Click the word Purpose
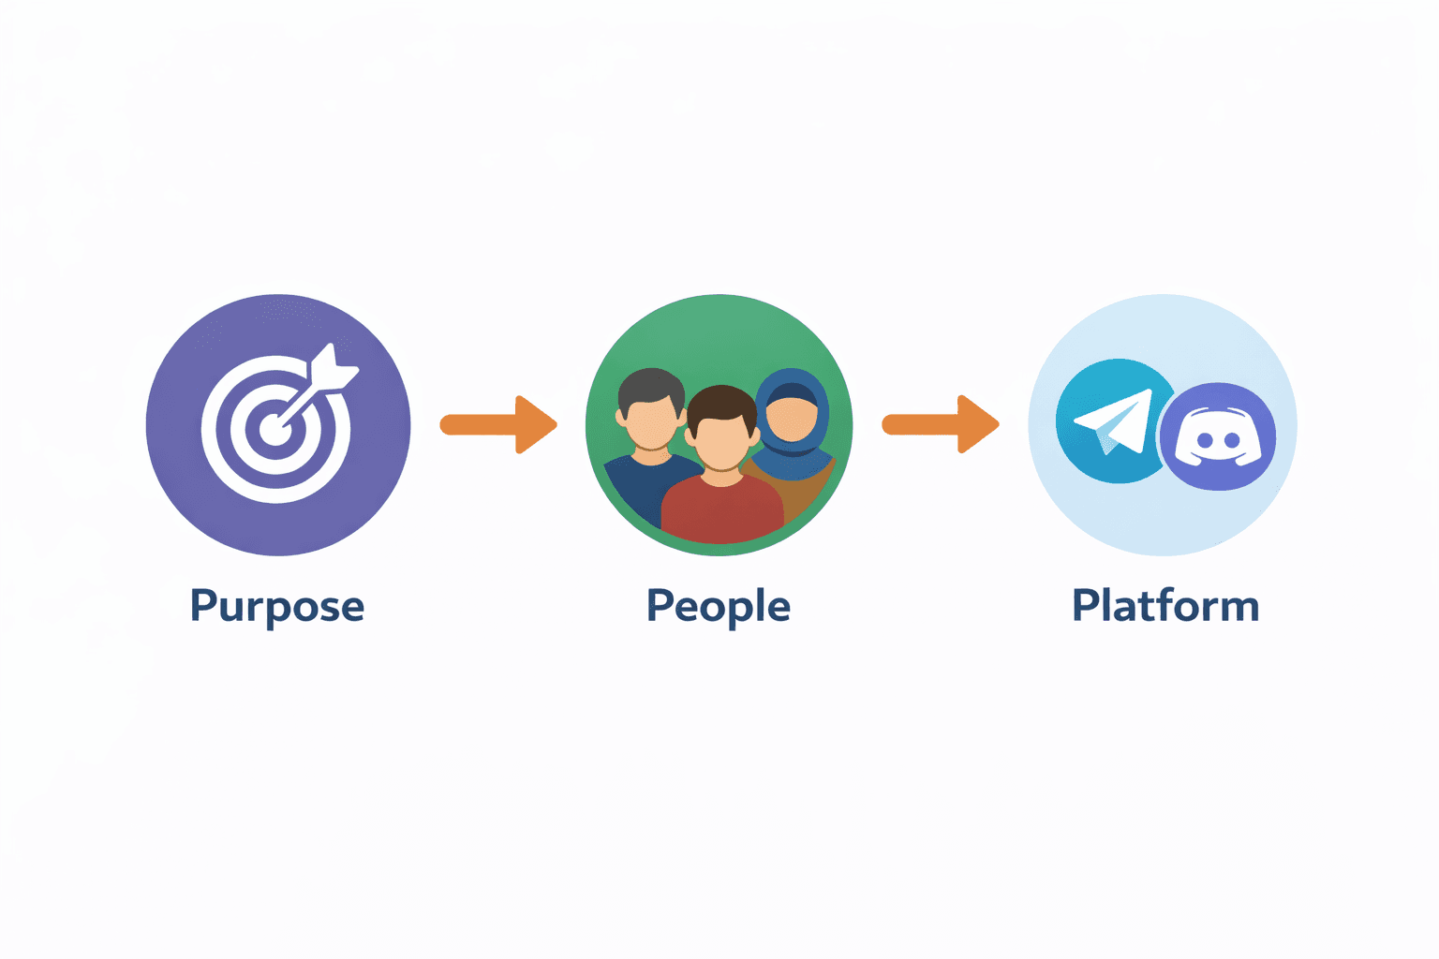276,607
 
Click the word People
719,607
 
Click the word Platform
1165,606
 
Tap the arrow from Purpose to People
498,424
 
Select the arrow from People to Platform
941,424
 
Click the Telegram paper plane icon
1114,422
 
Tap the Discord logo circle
1218,436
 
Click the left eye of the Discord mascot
1206,440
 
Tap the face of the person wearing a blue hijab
793,414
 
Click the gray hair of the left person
651,384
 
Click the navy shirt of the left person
637,487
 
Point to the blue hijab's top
793,378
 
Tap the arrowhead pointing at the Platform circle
978,424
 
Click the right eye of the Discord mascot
1233,440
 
